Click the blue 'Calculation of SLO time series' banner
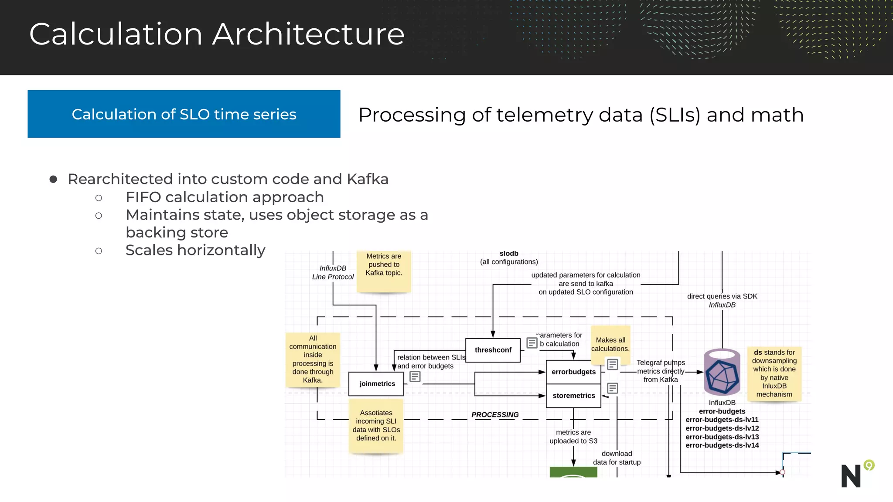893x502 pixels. [184, 114]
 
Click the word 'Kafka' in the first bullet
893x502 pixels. [367, 179]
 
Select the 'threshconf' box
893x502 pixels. [493, 350]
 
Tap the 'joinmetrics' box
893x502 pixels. [377, 383]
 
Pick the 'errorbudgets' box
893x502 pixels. [573, 372]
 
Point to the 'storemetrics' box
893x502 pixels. [573, 396]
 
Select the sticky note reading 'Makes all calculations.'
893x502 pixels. [610, 344]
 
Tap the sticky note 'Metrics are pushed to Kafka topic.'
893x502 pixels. [384, 270]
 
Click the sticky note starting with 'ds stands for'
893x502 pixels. [774, 373]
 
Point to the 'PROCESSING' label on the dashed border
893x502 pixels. [495, 414]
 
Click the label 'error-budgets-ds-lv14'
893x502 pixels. [722, 445]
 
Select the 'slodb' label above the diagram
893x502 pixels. [509, 254]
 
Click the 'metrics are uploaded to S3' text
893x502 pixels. [573, 437]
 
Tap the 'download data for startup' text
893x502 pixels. [617, 458]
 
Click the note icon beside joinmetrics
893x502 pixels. [415, 376]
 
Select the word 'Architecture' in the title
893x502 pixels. [308, 34]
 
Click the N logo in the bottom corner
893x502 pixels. [852, 475]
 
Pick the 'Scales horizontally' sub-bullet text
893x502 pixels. [195, 250]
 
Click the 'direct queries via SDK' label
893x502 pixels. [722, 296]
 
